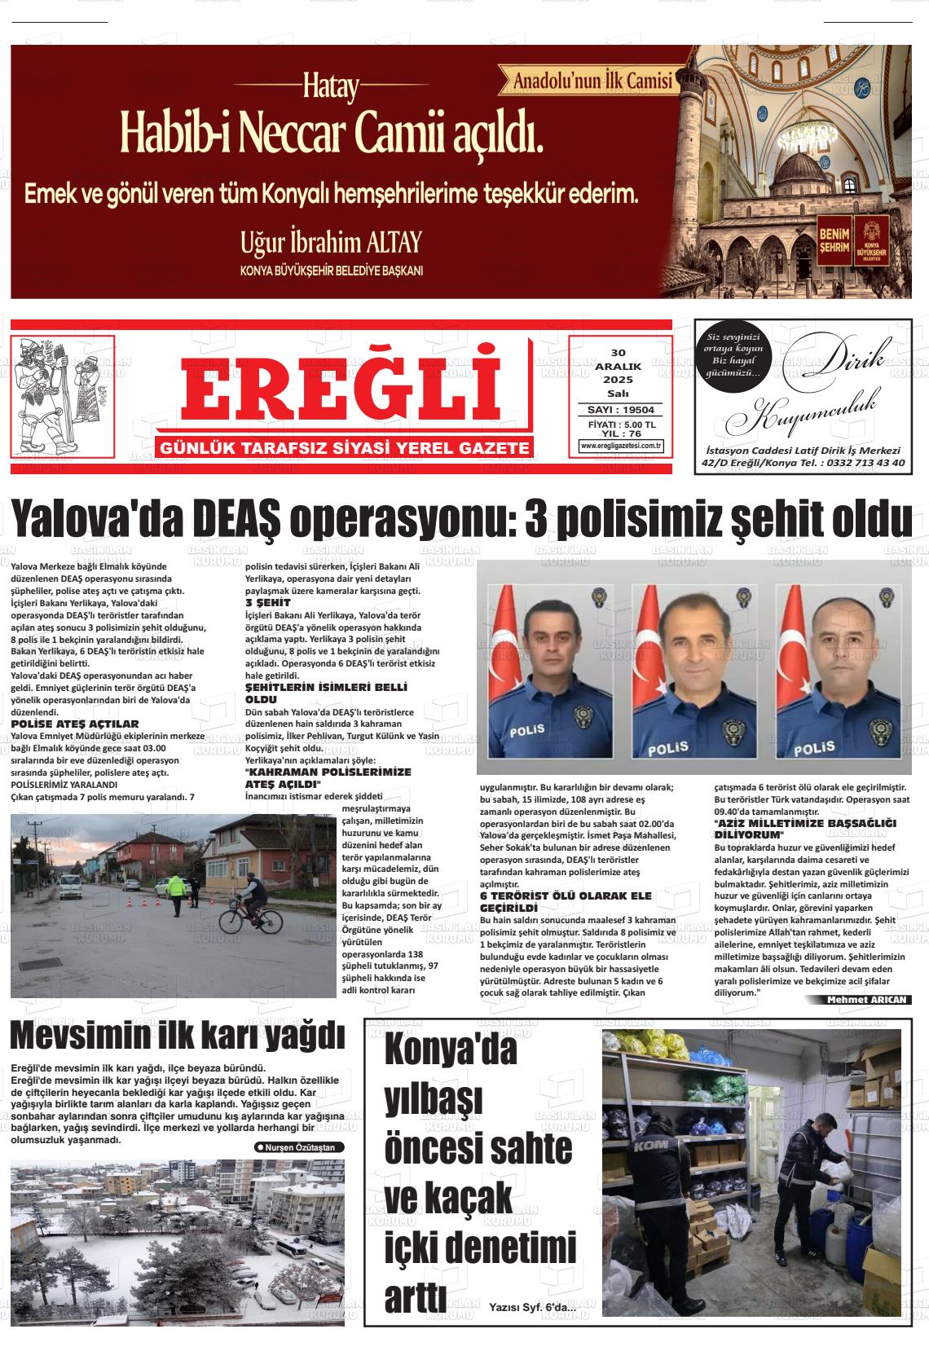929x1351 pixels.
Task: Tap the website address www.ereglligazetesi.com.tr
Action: pyautogui.click(x=621, y=446)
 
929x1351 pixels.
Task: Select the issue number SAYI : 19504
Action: pyautogui.click(x=621, y=410)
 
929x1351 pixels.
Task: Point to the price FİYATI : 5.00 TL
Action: pyautogui.click(x=621, y=425)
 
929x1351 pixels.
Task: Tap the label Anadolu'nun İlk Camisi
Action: pyautogui.click(x=592, y=81)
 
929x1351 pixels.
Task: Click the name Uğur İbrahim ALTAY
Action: pyautogui.click(x=331, y=242)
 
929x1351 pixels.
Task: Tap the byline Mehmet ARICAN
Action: pyautogui.click(x=866, y=1000)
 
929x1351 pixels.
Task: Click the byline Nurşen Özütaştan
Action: pyautogui.click(x=299, y=1147)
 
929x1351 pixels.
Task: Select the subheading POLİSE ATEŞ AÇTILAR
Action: pyautogui.click(x=75, y=724)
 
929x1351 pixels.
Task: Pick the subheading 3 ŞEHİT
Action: pyautogui.click(x=268, y=602)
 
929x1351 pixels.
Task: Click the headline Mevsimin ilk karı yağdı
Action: pyautogui.click(x=178, y=1036)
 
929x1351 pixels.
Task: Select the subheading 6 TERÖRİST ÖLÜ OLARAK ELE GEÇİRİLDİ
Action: pyautogui.click(x=566, y=901)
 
